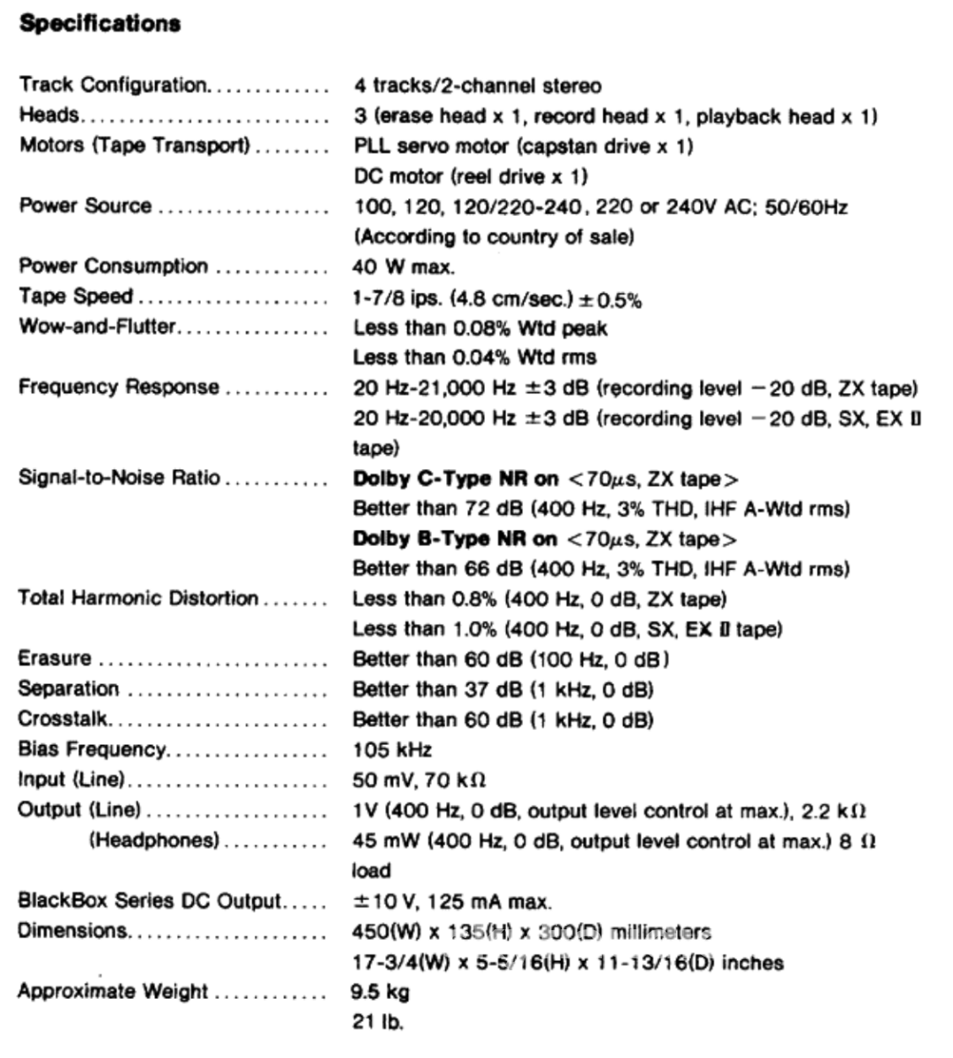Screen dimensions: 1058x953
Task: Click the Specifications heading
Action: tap(100, 24)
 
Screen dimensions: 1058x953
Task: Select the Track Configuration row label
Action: tap(113, 86)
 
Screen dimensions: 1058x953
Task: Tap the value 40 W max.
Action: tap(404, 266)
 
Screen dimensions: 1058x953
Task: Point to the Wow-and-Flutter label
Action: tap(97, 327)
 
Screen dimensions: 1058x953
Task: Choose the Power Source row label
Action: tap(86, 206)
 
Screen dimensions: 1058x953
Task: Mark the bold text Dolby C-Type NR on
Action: tap(456, 479)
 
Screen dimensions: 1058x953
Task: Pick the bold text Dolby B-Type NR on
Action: tap(456, 539)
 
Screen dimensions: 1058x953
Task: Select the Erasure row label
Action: tap(55, 659)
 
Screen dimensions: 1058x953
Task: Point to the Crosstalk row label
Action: tap(63, 719)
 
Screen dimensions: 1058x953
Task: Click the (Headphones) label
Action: tap(153, 840)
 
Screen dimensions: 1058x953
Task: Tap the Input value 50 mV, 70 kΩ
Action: tap(420, 780)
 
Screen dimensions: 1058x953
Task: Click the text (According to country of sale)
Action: tap(494, 237)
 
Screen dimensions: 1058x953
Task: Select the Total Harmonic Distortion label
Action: tap(138, 599)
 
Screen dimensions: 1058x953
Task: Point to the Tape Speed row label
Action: tap(76, 297)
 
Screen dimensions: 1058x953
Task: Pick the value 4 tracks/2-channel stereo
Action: tap(477, 86)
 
